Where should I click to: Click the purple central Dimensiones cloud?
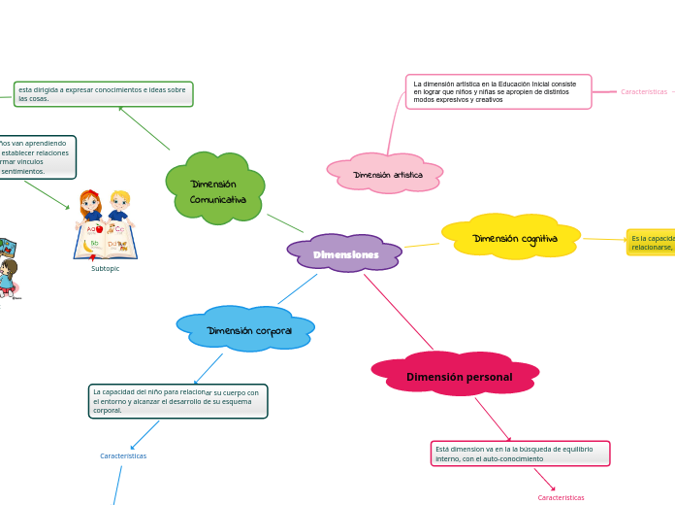[344, 253]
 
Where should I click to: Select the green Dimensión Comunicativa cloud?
[216, 189]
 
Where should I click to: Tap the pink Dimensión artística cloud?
[386, 174]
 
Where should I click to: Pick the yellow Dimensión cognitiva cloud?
[513, 238]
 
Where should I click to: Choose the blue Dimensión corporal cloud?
[247, 330]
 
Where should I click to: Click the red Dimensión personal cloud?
[458, 376]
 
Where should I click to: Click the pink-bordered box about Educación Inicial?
[498, 91]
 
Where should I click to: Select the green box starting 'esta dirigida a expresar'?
[104, 94]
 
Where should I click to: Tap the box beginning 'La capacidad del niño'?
[177, 401]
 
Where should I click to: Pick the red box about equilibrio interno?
[520, 454]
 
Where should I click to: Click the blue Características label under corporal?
[123, 455]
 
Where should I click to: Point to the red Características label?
[561, 497]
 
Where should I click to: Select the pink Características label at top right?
[644, 91]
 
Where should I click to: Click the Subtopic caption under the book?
[105, 269]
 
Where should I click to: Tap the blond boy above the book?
[119, 206]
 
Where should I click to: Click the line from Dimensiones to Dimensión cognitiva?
[422, 245]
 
